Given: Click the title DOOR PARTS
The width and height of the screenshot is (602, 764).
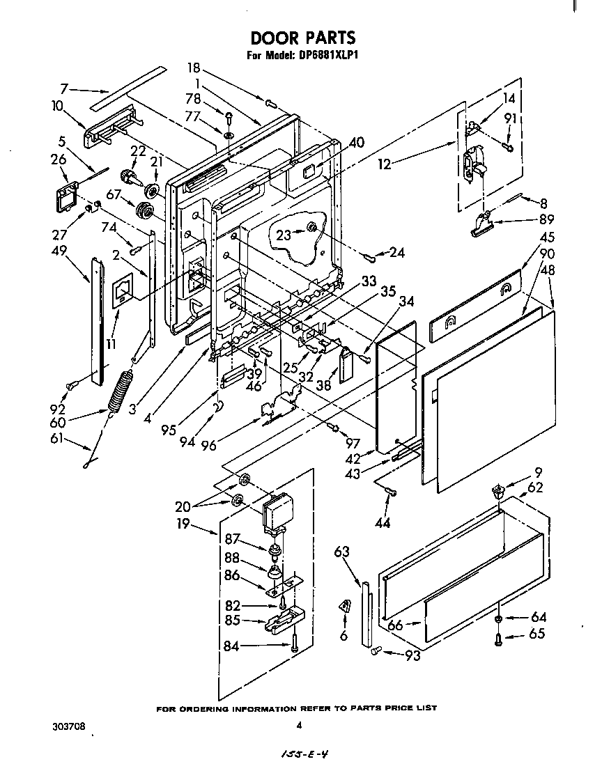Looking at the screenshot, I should pos(302,38).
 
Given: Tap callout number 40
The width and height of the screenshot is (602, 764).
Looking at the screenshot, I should pos(357,142).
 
